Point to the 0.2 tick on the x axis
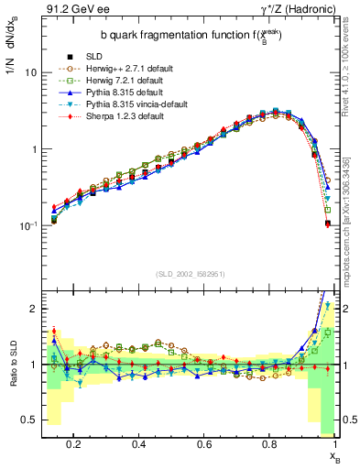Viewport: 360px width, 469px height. point(74,443)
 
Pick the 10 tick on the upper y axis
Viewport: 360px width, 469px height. point(29,71)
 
